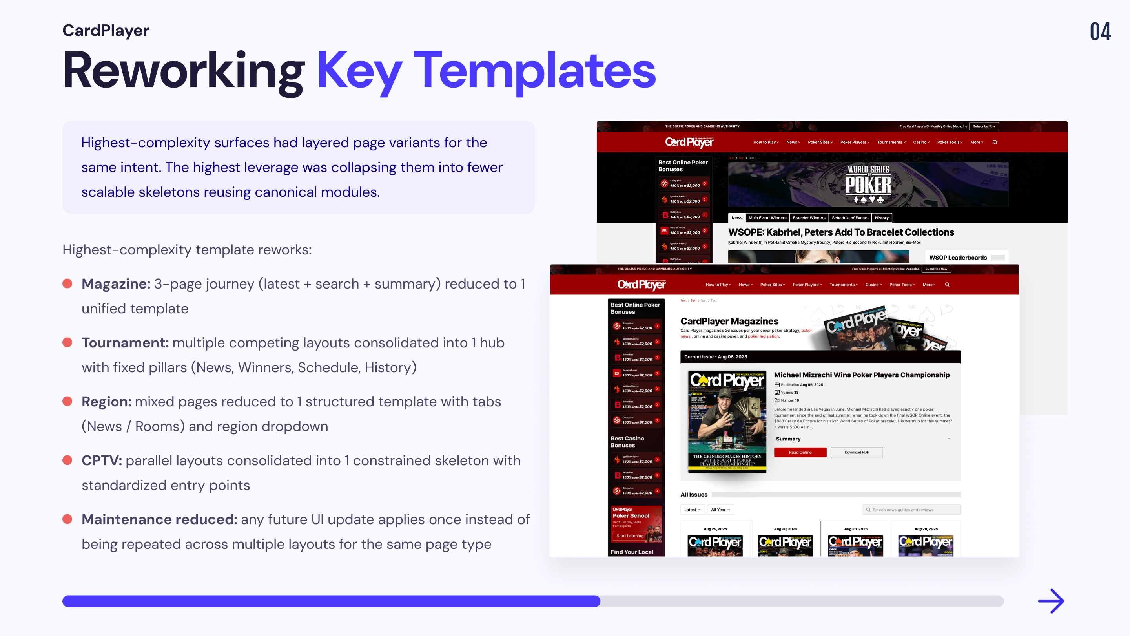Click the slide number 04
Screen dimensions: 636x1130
(x=1100, y=31)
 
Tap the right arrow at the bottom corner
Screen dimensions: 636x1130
(x=1051, y=601)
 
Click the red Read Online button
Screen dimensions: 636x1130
(x=800, y=452)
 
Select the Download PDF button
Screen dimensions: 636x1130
(x=856, y=452)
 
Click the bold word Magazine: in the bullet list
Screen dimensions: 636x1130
(x=116, y=284)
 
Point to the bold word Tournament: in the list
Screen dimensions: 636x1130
(x=125, y=343)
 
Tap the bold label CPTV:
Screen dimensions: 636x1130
(x=102, y=461)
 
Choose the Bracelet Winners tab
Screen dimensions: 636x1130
(x=809, y=218)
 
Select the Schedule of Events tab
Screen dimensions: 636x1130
(x=850, y=218)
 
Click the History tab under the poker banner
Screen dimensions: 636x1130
(x=881, y=218)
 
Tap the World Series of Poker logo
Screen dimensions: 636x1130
(x=868, y=184)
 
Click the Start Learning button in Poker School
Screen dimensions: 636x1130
(x=629, y=536)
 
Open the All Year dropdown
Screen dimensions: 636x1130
(x=720, y=510)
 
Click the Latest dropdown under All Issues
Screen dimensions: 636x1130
(x=692, y=510)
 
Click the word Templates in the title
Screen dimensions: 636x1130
(x=534, y=70)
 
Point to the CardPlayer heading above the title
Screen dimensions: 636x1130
(x=106, y=30)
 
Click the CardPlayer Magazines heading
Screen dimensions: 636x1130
(x=729, y=321)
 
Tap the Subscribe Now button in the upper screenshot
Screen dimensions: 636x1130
(x=984, y=126)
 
